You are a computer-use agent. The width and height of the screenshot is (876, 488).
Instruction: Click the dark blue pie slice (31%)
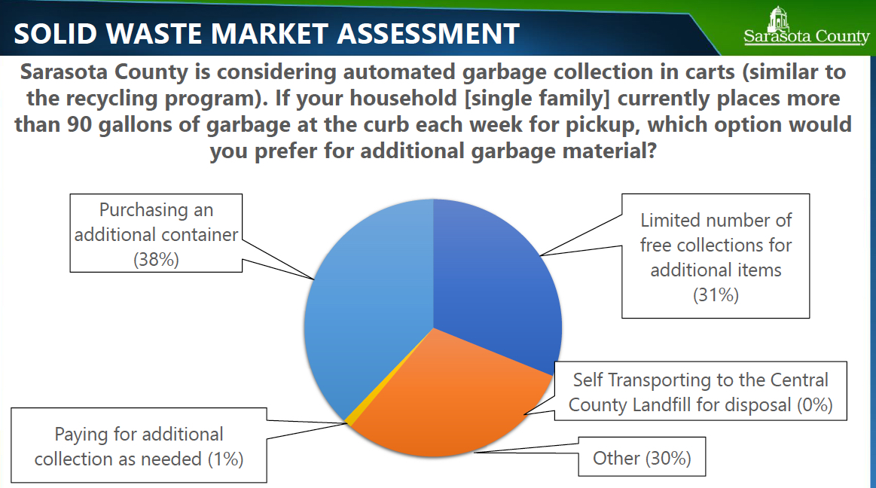(501, 279)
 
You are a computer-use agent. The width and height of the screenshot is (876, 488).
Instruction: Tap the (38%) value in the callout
(156, 259)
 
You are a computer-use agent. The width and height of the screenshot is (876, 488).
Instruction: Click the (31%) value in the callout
(716, 294)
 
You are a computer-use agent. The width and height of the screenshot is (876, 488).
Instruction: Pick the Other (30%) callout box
(642, 457)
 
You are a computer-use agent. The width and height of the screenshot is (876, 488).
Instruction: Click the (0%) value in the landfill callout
(814, 404)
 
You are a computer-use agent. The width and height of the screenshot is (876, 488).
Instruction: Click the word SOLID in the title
(50, 34)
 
